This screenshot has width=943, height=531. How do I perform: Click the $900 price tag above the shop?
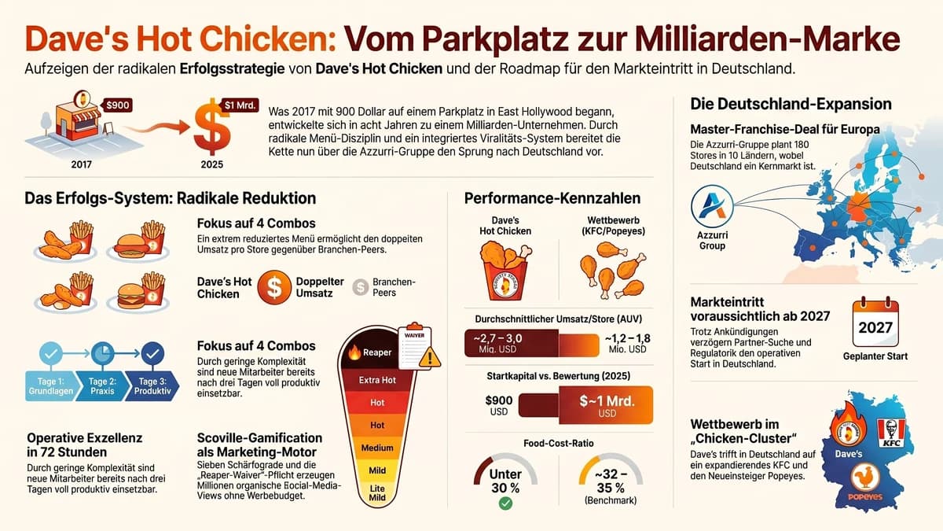click(x=118, y=105)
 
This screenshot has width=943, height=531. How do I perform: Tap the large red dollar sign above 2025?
click(x=212, y=131)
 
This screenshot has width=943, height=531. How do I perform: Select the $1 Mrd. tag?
click(x=240, y=105)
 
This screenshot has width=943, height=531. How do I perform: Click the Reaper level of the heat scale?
click(x=369, y=352)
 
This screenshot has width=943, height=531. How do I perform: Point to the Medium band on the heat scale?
click(x=377, y=448)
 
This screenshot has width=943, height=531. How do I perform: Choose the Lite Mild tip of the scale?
click(x=377, y=492)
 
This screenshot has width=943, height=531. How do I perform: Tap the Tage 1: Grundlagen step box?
click(x=50, y=386)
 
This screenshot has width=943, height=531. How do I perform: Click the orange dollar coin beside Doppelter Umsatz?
click(x=274, y=287)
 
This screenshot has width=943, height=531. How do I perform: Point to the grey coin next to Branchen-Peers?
click(x=360, y=287)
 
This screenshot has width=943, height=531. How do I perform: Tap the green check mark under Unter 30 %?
click(x=505, y=503)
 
